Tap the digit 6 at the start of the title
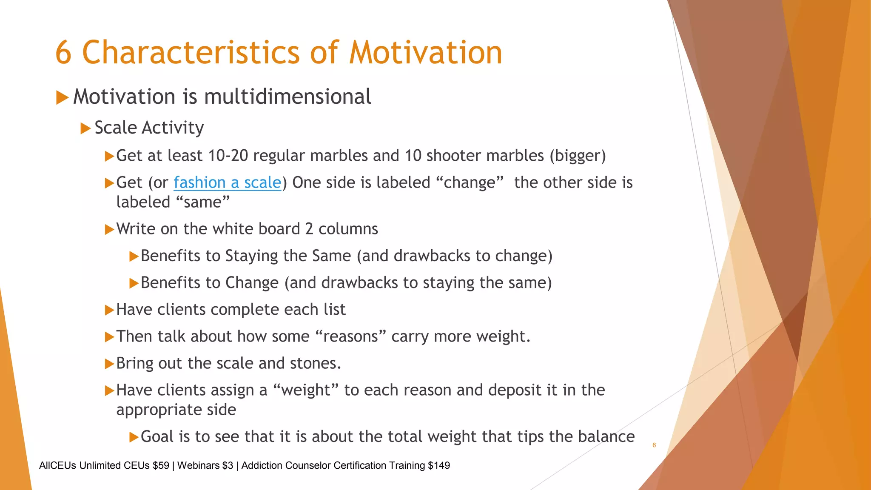click(63, 53)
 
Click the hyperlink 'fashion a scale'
click(227, 182)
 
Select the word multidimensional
click(287, 97)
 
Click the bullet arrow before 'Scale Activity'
click(85, 128)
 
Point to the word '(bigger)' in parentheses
click(578, 156)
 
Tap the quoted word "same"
click(202, 202)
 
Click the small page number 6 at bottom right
click(654, 445)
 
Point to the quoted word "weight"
click(305, 390)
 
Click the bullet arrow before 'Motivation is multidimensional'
click(62, 97)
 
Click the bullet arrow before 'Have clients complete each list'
click(109, 310)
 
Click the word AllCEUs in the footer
click(58, 465)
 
